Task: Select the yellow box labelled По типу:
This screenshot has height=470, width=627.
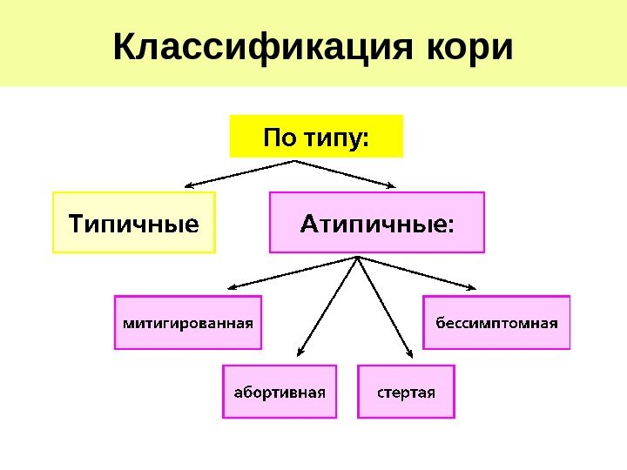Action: [316, 137]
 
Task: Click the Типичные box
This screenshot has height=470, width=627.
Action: [133, 223]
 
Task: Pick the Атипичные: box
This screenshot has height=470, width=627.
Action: [376, 223]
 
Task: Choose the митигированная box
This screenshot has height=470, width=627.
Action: [188, 322]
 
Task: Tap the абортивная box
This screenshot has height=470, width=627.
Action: [279, 391]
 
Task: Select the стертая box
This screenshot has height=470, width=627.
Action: [406, 391]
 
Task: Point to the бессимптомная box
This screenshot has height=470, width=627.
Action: [496, 322]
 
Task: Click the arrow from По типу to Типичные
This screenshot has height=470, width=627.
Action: [239, 173]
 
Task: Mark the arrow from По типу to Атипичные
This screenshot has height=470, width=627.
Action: [347, 173]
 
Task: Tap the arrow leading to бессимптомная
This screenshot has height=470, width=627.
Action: [418, 272]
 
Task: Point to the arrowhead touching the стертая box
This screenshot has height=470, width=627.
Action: [410, 352]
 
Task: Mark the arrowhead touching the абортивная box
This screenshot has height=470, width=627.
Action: [300, 352]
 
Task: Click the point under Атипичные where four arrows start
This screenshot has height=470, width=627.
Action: [358, 257]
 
